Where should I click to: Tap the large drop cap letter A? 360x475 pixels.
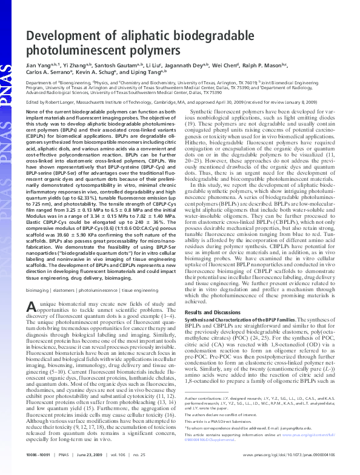coord(34,291)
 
